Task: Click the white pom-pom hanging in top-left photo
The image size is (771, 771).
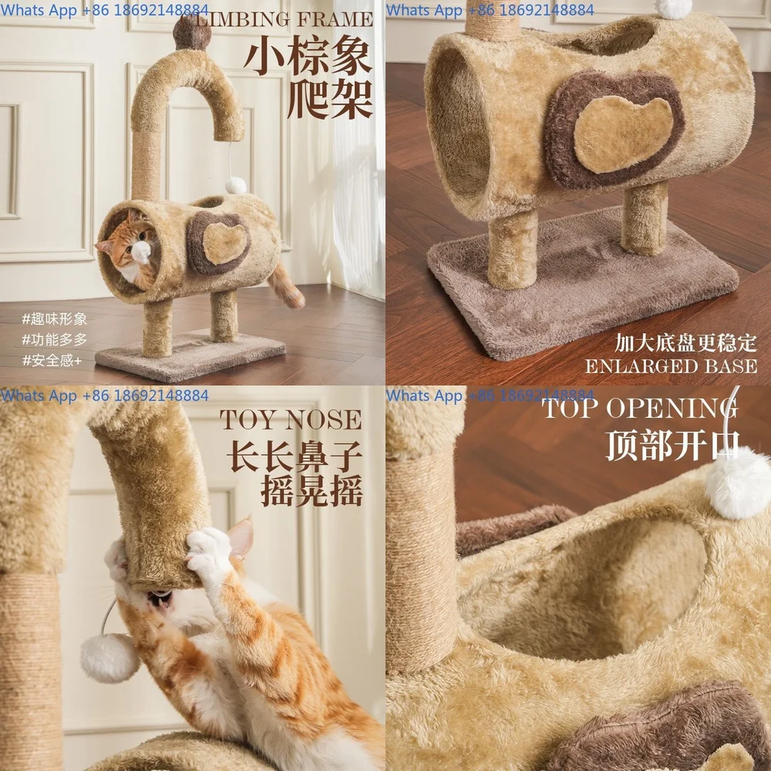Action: click(x=236, y=185)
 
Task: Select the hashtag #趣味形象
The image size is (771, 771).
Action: click(x=55, y=318)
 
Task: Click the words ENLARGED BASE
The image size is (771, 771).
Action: click(x=670, y=366)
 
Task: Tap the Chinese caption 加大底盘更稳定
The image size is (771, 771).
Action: click(x=685, y=342)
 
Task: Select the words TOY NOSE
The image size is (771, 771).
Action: click(x=291, y=419)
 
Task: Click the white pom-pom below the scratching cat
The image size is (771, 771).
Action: click(x=110, y=657)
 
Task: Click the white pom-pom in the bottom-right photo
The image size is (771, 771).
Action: click(x=738, y=483)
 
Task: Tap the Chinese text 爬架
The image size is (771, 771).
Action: click(x=330, y=101)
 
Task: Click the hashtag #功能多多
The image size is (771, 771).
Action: click(x=55, y=339)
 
